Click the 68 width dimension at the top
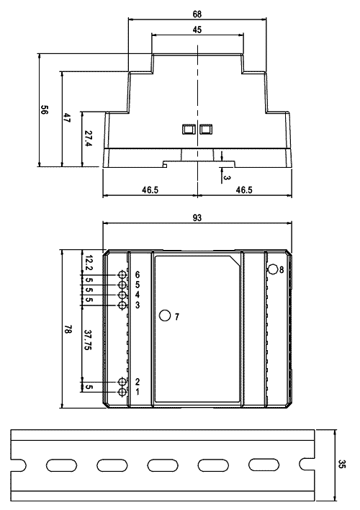click(197, 14)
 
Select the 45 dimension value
click(197, 30)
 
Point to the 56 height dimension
click(44, 109)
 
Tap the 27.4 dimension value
click(88, 138)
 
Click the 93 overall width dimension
click(197, 218)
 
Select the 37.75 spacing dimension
click(88, 340)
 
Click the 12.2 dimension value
click(88, 263)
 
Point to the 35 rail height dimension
click(342, 464)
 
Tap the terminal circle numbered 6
click(122, 275)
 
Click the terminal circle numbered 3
click(122, 305)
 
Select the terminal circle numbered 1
click(122, 392)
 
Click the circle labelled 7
click(165, 316)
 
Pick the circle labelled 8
click(273, 269)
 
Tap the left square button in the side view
click(188, 129)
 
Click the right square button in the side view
click(206, 129)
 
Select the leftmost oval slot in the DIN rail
click(61, 465)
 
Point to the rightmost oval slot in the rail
click(264, 465)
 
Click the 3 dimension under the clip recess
click(227, 178)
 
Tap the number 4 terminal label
click(138, 295)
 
